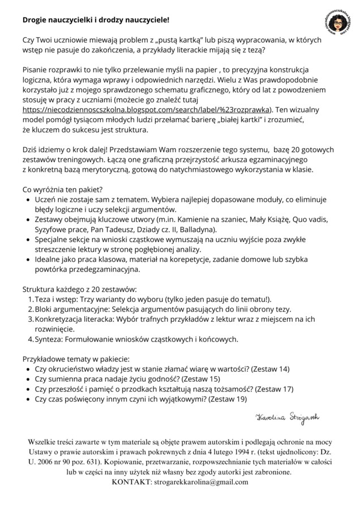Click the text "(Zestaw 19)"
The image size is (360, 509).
click(228, 399)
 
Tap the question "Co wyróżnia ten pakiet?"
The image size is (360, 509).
click(62, 189)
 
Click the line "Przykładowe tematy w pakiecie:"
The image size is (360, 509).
click(76, 359)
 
